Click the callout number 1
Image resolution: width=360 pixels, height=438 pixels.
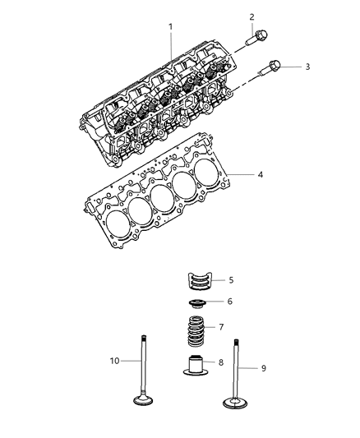click(x=171, y=27)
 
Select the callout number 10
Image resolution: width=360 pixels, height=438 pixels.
click(x=116, y=360)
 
